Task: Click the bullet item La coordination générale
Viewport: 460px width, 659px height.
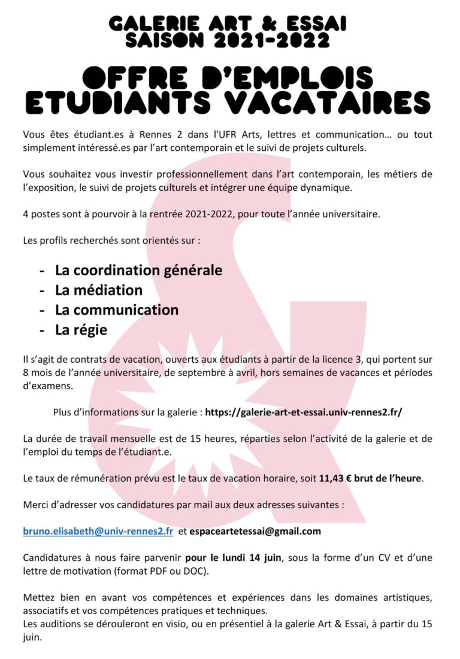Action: (138, 271)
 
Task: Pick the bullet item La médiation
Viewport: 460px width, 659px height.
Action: (99, 290)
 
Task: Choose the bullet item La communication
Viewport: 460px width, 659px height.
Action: (117, 310)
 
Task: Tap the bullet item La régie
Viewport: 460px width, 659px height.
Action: (81, 330)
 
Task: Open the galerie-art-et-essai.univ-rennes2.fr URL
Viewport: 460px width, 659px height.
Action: (304, 412)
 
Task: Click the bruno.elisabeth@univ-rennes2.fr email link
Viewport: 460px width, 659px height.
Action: (98, 531)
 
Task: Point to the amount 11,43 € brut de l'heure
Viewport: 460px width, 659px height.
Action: (371, 479)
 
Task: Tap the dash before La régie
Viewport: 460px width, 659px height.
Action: (43, 330)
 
